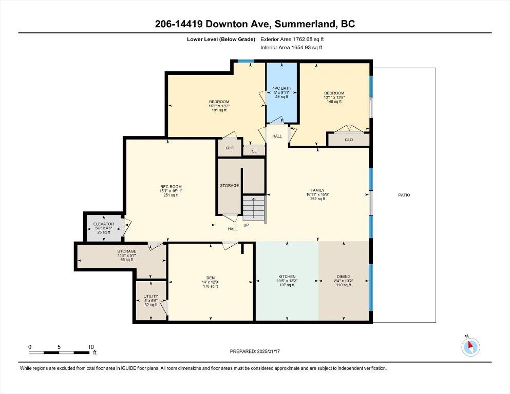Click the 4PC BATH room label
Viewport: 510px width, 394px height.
[x=281, y=88]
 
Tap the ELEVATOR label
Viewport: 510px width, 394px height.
[x=103, y=224]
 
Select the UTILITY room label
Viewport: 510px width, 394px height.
[x=151, y=296]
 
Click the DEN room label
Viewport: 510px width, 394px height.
[x=211, y=278]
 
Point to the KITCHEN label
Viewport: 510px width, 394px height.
[x=287, y=277]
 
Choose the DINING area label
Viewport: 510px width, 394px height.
[x=344, y=277]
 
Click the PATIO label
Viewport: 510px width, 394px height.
[x=404, y=195]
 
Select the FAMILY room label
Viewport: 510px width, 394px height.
[x=317, y=190]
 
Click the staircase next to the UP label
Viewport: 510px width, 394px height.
[x=254, y=208]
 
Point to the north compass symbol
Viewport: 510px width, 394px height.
[x=470, y=347]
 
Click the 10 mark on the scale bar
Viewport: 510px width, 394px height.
[x=91, y=347]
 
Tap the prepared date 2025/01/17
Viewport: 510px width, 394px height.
[x=268, y=351]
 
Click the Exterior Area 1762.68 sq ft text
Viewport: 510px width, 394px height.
[x=292, y=40]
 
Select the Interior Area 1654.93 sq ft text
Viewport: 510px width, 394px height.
[x=291, y=47]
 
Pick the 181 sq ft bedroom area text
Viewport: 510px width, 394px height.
[x=219, y=110]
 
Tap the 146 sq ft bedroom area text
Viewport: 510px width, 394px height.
[x=334, y=102]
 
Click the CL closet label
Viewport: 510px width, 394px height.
[x=254, y=151]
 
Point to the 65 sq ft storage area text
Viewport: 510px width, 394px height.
[x=127, y=260]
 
